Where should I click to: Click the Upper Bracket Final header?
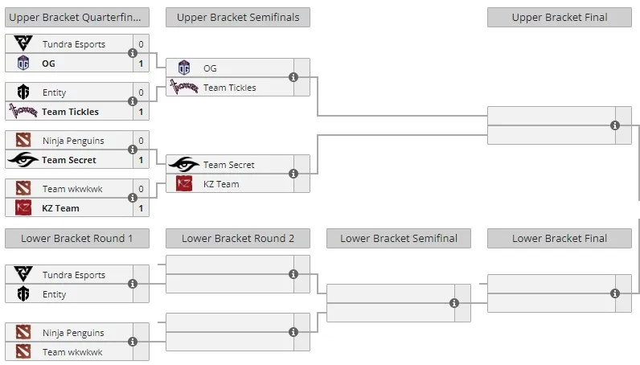(559, 17)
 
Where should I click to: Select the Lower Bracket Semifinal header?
(398, 239)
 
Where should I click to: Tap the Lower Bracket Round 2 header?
(237, 239)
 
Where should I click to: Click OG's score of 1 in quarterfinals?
(141, 64)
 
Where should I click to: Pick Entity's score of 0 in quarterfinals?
(141, 92)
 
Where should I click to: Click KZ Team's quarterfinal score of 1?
(141, 208)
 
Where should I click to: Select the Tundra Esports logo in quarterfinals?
(23, 43)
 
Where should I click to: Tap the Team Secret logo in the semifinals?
(184, 165)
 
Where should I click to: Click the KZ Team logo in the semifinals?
(184, 184)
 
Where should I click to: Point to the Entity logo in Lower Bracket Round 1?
(23, 294)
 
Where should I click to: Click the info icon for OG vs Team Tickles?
(293, 77)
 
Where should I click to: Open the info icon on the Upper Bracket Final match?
(615, 125)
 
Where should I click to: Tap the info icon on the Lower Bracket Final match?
(615, 293)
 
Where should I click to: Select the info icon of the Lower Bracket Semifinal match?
(454, 303)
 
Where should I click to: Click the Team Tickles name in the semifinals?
(229, 88)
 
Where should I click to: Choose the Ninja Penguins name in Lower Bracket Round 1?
(73, 333)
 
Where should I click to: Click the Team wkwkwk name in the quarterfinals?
(72, 189)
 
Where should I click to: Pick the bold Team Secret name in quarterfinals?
(68, 160)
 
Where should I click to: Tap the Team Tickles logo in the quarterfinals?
(23, 111)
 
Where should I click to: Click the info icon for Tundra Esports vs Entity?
(132, 284)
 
